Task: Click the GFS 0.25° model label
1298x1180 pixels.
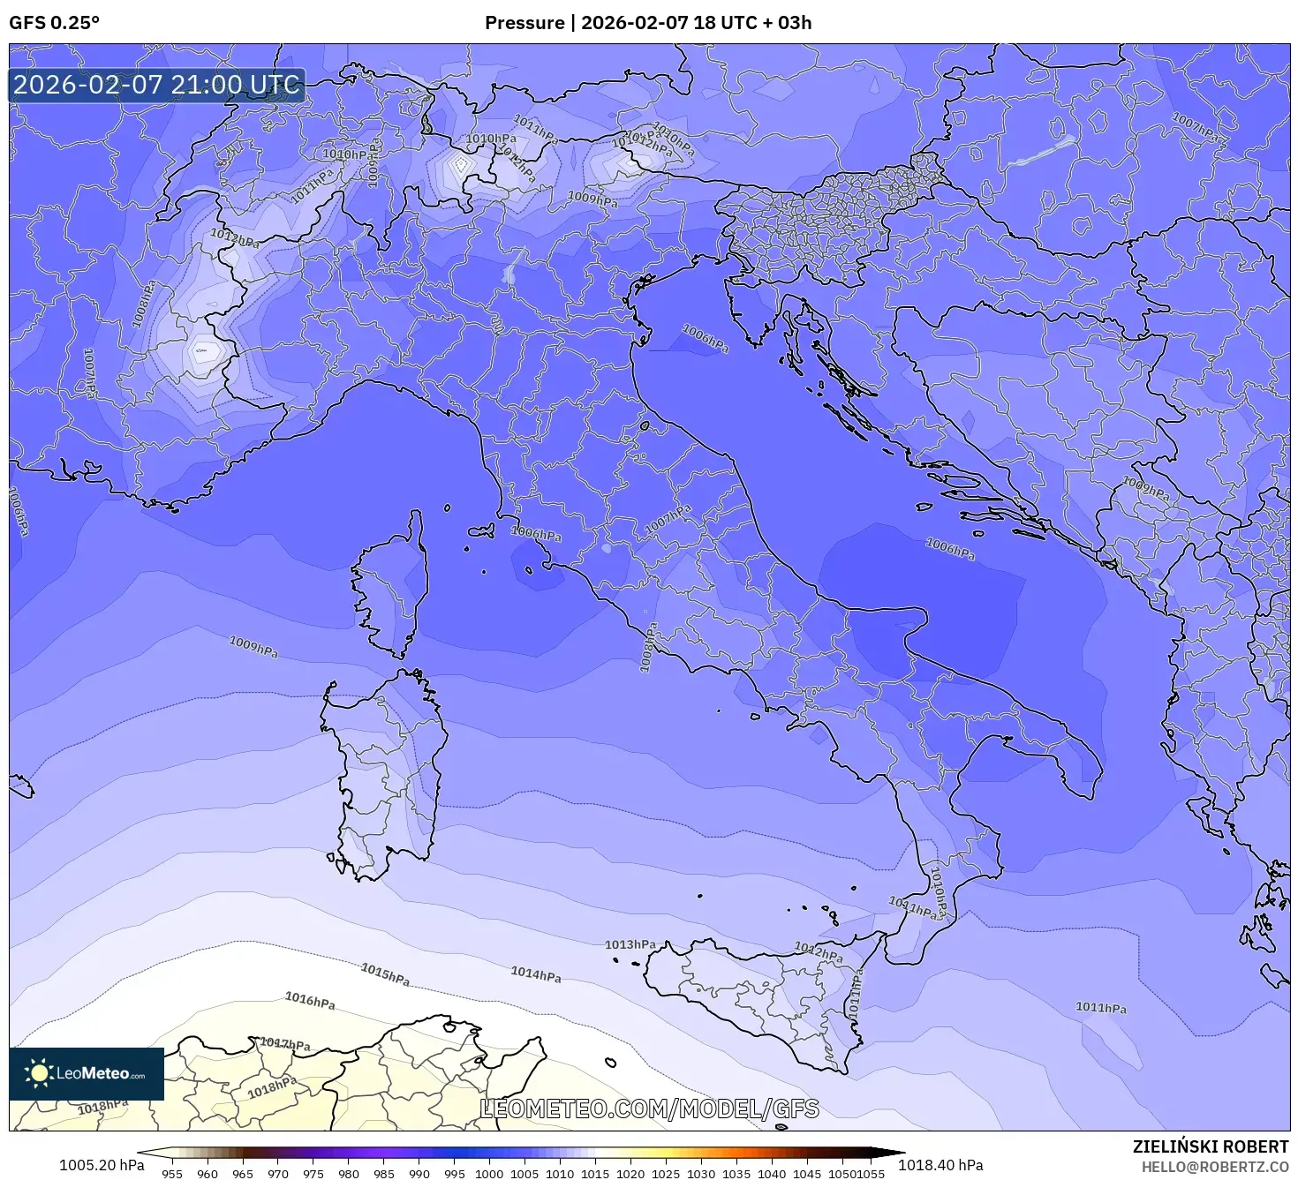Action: coord(54,23)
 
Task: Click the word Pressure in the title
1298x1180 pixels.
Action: coord(524,23)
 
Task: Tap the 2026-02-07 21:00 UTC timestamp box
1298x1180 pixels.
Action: coord(156,85)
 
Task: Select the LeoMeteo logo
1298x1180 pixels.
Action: coord(86,1073)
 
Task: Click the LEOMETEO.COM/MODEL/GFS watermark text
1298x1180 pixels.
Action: coord(649,1109)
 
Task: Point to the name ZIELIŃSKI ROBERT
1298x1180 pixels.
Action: coord(1210,1146)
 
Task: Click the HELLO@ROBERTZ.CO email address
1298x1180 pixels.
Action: coord(1214,1167)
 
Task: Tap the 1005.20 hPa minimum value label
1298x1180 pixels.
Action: coord(101,1165)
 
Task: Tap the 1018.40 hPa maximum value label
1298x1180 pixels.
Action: coord(940,1165)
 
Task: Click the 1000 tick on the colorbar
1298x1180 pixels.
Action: coord(489,1173)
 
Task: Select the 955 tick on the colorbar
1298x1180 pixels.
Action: coord(172,1173)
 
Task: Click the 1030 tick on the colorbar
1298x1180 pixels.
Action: coord(701,1173)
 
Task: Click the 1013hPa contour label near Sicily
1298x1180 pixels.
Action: coord(630,944)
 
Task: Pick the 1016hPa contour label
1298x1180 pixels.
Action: coord(310,1000)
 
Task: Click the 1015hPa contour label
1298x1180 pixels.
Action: coord(385,974)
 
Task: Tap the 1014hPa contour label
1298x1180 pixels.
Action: coord(536,973)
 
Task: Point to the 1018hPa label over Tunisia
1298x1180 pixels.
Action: coord(272,1087)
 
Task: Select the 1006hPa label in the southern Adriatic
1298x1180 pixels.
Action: coord(950,548)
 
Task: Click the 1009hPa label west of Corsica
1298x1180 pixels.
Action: coord(253,646)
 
